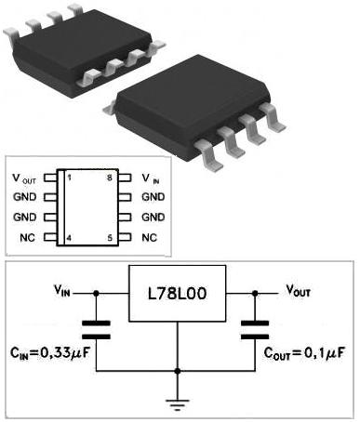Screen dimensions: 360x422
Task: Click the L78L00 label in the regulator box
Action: [177, 294]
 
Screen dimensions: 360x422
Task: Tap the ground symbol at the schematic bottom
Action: [178, 404]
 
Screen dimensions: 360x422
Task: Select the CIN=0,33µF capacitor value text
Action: [50, 353]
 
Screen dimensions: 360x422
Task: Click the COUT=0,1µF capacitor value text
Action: [304, 353]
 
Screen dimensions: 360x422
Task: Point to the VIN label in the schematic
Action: [62, 291]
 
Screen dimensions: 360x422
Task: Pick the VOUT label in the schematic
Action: [298, 291]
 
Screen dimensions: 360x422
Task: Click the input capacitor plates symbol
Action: [96, 330]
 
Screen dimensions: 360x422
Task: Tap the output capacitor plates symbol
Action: [255, 330]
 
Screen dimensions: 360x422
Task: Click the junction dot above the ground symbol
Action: [178, 371]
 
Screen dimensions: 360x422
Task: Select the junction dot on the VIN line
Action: [96, 293]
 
